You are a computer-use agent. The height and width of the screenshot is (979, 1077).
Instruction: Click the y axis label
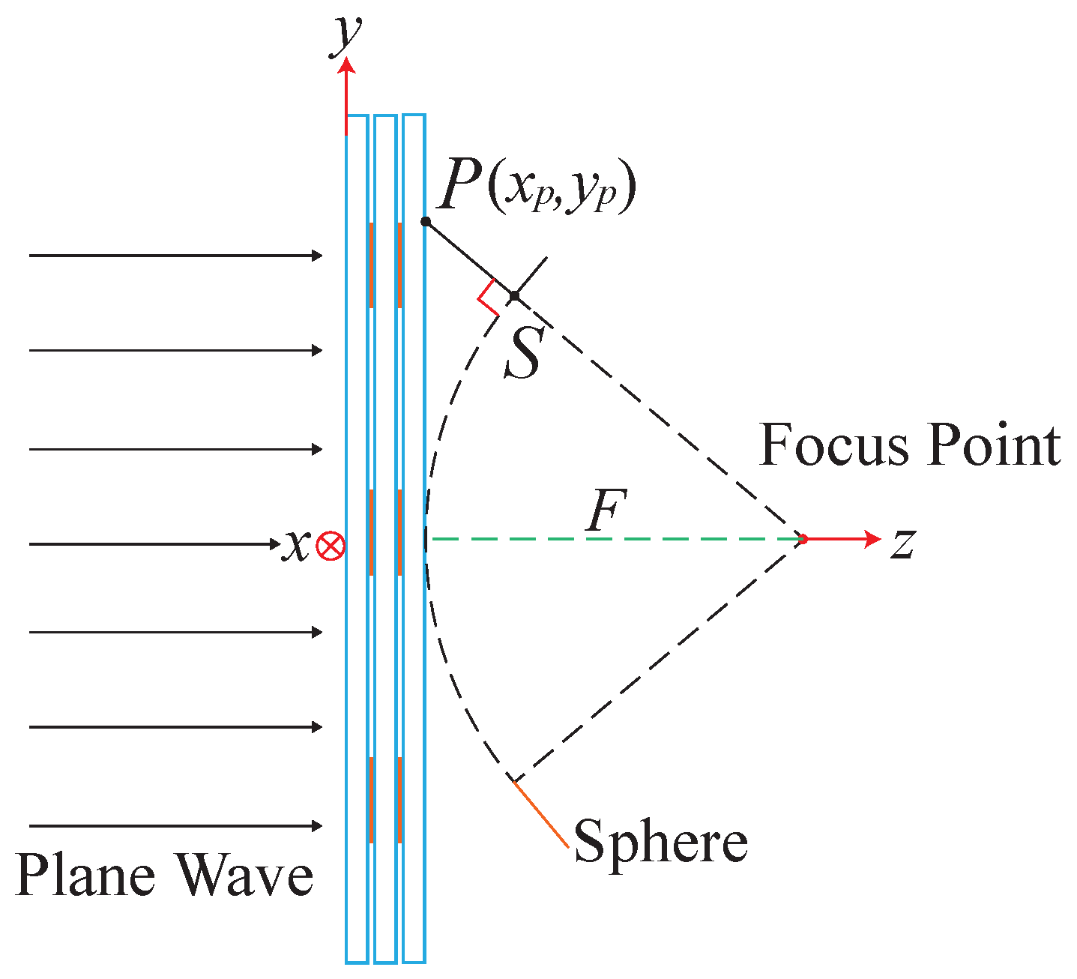click(x=347, y=35)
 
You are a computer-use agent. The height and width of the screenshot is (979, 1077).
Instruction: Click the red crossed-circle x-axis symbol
click(x=330, y=546)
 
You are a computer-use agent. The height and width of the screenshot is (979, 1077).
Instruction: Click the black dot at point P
click(x=426, y=221)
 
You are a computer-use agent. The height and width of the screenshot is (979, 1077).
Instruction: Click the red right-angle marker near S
click(x=486, y=298)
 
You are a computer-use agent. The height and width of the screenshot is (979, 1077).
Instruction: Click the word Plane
click(x=87, y=875)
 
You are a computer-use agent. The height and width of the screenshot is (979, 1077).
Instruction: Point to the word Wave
click(x=245, y=875)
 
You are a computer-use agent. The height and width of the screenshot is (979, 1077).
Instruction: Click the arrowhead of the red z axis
click(x=871, y=538)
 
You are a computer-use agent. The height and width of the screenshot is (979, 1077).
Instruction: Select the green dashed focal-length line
click(x=615, y=538)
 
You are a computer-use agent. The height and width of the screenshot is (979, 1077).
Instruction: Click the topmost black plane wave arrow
click(x=176, y=256)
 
